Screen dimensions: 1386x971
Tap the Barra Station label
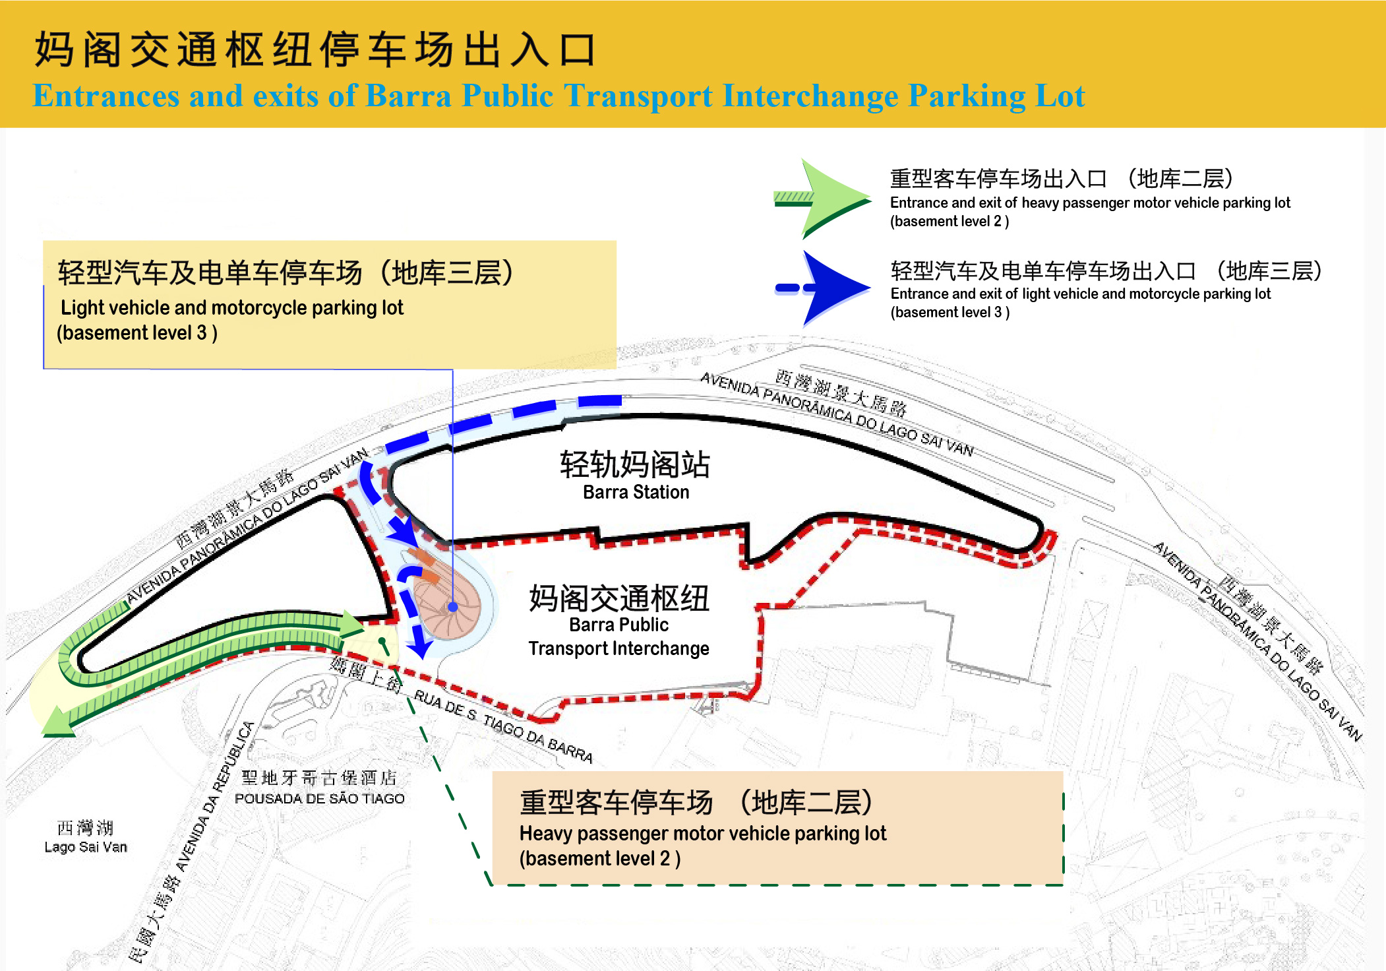(x=636, y=492)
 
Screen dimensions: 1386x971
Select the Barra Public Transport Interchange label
(x=618, y=637)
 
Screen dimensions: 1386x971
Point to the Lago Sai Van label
(x=86, y=847)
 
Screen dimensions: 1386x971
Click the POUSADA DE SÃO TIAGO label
(x=320, y=798)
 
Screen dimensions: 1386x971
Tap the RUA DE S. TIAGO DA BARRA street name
(x=503, y=726)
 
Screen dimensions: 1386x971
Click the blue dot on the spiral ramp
(x=453, y=607)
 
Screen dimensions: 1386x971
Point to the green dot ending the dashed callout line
(x=382, y=641)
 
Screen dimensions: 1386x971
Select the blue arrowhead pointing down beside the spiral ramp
(x=419, y=648)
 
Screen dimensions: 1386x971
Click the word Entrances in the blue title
(x=106, y=96)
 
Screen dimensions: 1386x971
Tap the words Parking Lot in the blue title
(x=996, y=96)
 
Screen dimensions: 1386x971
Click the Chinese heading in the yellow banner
(x=316, y=49)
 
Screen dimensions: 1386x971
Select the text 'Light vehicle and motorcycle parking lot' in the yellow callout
(x=232, y=308)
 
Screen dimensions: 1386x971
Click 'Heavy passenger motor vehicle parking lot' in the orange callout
(x=703, y=834)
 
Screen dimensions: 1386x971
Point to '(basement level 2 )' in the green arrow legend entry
(x=949, y=222)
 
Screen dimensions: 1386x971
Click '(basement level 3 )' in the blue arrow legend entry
(x=950, y=313)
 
